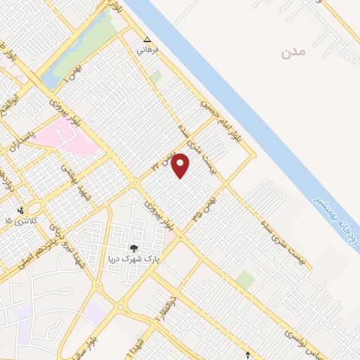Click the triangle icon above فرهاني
147,39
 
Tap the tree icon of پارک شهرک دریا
134,248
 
